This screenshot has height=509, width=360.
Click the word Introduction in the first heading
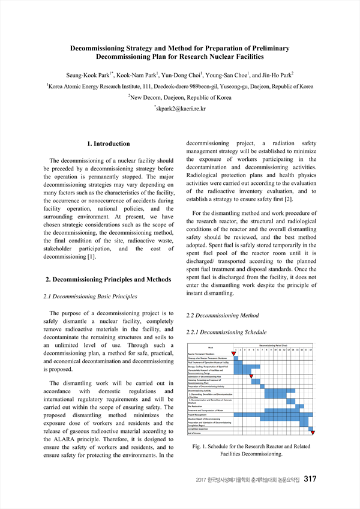coord(112,144)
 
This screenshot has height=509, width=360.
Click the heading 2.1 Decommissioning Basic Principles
coord(91,297)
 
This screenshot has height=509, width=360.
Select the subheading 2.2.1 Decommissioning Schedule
coord(227,332)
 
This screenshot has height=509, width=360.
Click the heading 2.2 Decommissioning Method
coord(223,315)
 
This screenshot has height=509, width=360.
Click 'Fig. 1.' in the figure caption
coord(201,447)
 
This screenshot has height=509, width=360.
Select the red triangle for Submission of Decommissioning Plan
coord(251,376)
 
